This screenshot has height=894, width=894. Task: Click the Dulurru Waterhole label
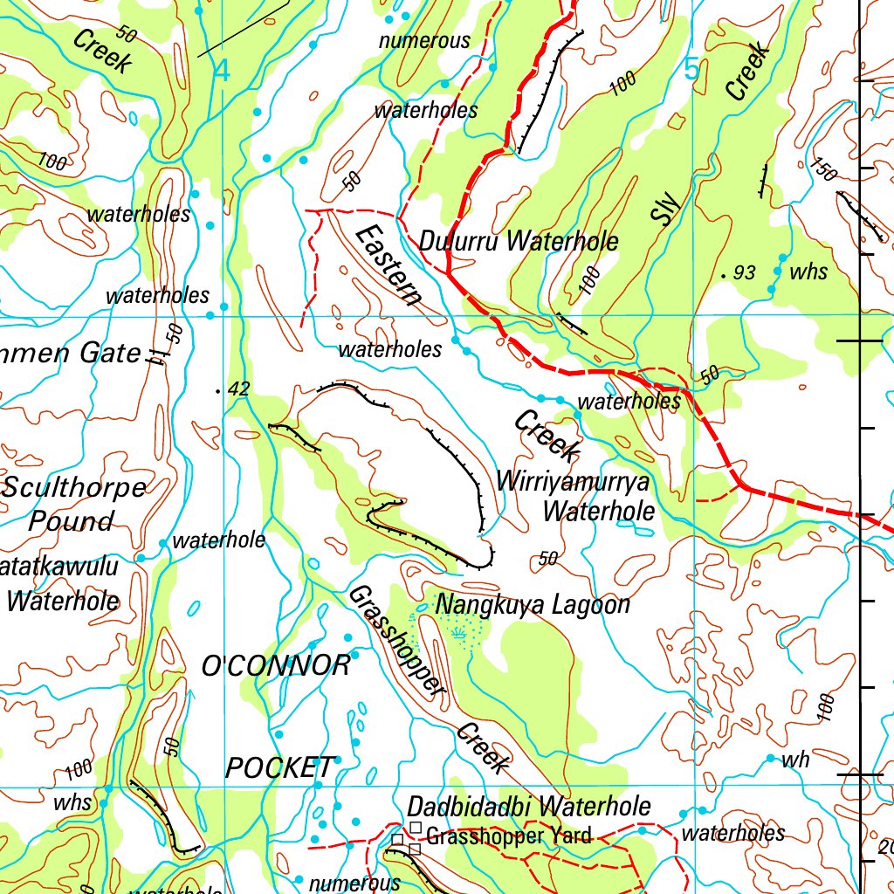519,242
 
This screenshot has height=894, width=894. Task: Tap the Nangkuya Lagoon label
533,604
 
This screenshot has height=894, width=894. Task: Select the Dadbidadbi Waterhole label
529,805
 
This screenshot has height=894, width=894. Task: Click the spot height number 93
744,273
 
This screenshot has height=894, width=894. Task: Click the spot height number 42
237,389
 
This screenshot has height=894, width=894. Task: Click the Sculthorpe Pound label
73,504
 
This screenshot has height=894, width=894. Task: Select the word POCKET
279,767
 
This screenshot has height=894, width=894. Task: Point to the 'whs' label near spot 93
808,272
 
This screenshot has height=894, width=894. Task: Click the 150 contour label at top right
824,168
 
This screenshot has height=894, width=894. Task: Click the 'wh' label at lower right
795,760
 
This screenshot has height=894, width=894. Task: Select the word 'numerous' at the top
424,40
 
